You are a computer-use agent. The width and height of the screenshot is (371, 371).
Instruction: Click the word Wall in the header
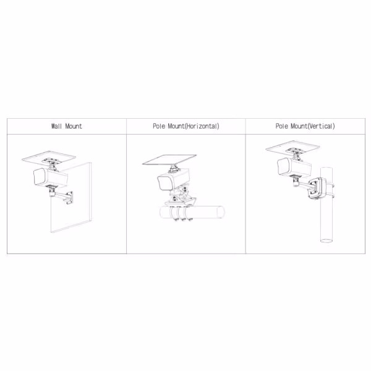56,126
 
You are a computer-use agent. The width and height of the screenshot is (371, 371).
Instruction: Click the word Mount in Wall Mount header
74,126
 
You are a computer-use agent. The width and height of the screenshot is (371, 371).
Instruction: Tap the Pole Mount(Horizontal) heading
186,126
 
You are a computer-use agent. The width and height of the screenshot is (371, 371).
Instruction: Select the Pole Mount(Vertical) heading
305,126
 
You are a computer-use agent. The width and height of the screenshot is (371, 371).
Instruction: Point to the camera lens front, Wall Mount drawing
40,177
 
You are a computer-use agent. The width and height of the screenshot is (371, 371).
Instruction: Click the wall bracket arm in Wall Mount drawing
62,196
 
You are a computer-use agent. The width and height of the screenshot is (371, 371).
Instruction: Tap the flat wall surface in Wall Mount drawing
71,198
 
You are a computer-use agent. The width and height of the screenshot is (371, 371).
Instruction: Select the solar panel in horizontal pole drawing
169,160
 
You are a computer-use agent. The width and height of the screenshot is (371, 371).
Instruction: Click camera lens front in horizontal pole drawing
164,183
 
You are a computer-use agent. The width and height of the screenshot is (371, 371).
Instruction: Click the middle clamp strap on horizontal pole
181,213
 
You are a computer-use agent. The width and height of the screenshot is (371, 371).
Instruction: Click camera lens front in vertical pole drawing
283,166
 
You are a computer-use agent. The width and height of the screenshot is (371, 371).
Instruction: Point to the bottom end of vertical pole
326,241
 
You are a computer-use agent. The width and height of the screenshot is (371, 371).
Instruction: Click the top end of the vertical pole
326,168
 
